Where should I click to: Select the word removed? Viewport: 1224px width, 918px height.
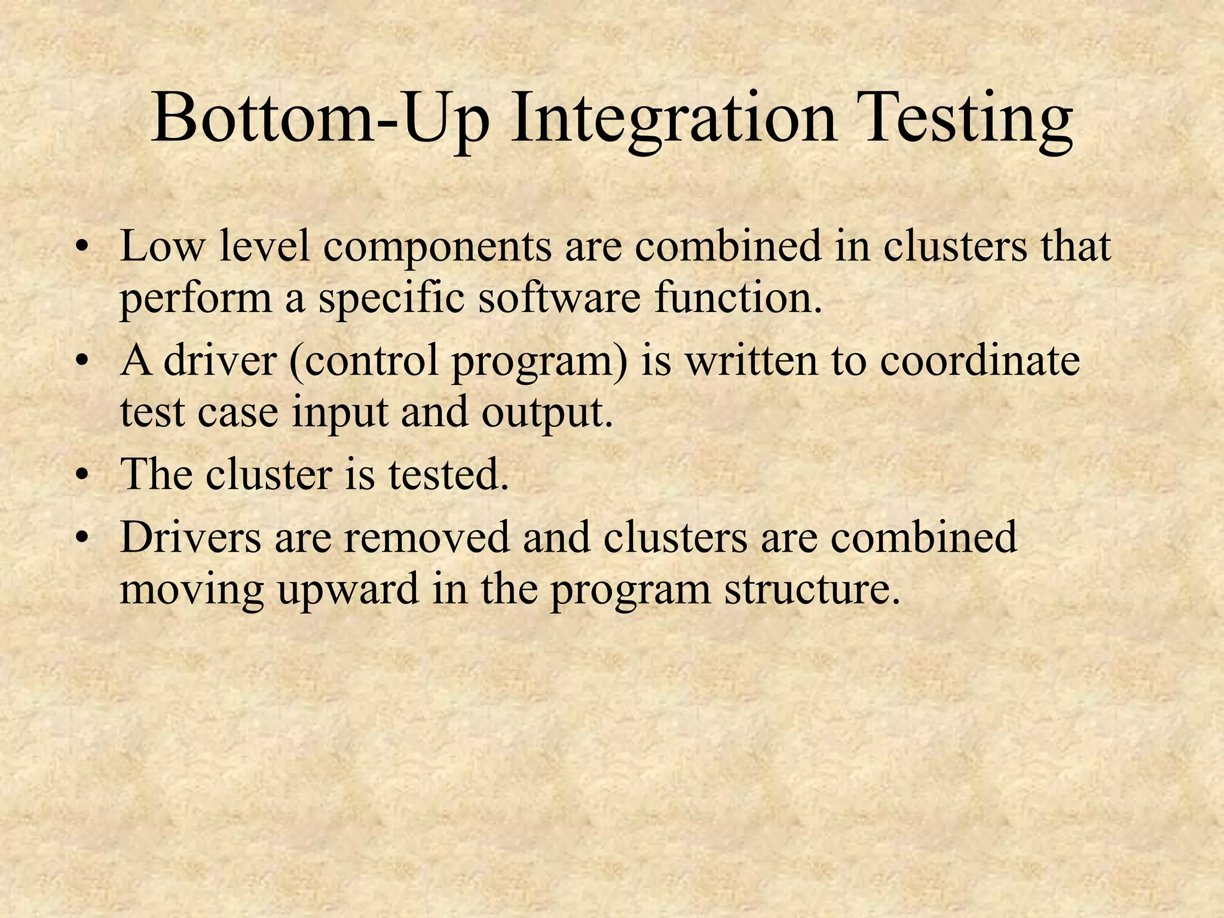pos(427,536)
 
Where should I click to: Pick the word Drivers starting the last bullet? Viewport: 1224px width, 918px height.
pos(191,536)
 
